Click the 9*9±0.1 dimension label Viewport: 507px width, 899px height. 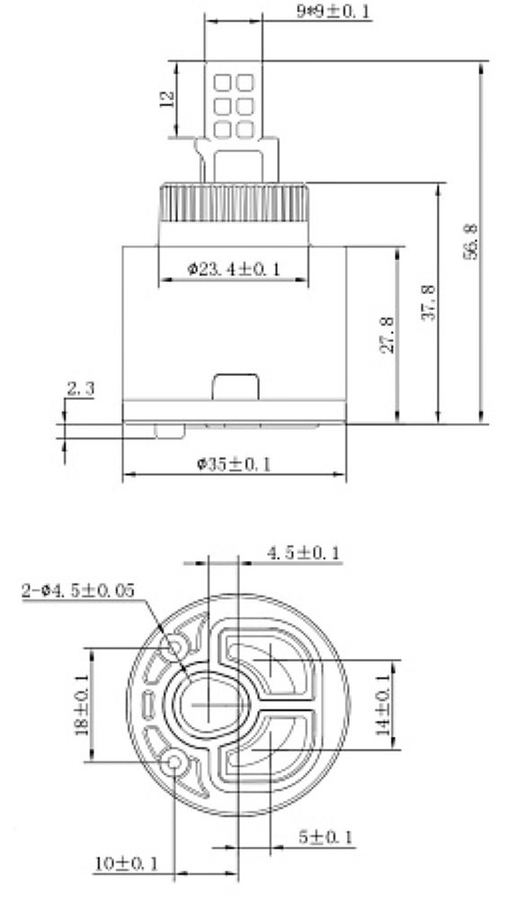[334, 12]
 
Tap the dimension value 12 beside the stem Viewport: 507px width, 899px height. [167, 99]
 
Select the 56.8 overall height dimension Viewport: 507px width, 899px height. [470, 241]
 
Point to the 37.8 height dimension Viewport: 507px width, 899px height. [429, 302]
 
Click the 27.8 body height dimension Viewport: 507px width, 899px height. [387, 334]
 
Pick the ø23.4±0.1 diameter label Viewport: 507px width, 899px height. [235, 268]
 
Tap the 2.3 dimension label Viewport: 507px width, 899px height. [80, 389]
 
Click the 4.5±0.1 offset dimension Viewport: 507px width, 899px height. [303, 553]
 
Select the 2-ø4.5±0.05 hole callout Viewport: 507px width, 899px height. [78, 591]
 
